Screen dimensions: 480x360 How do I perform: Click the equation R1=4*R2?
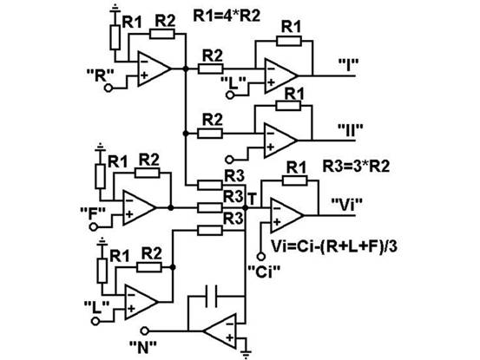(227, 16)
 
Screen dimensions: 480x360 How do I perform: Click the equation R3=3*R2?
(357, 167)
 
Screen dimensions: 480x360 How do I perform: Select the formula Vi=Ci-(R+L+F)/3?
(334, 246)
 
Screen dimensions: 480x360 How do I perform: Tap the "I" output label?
(348, 65)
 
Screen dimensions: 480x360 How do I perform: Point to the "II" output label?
(351, 130)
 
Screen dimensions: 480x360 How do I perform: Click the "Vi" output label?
(347, 205)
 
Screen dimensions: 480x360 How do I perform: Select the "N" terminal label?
(143, 347)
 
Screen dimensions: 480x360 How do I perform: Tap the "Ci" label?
(264, 272)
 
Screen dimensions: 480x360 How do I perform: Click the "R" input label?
(101, 75)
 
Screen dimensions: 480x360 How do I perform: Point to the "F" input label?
(93, 213)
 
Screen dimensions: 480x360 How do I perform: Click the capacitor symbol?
(212, 296)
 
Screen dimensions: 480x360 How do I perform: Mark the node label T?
(252, 200)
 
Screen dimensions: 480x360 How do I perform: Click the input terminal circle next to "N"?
(144, 331)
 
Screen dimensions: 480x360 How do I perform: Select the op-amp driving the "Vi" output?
(286, 215)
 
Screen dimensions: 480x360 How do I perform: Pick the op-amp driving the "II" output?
(280, 141)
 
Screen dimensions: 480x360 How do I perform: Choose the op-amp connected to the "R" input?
(154, 69)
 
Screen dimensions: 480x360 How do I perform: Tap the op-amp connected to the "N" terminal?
(220, 331)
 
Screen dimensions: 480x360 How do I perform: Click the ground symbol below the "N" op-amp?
(246, 354)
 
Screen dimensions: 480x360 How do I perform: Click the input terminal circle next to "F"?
(94, 227)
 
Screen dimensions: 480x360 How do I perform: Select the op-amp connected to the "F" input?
(140, 207)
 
